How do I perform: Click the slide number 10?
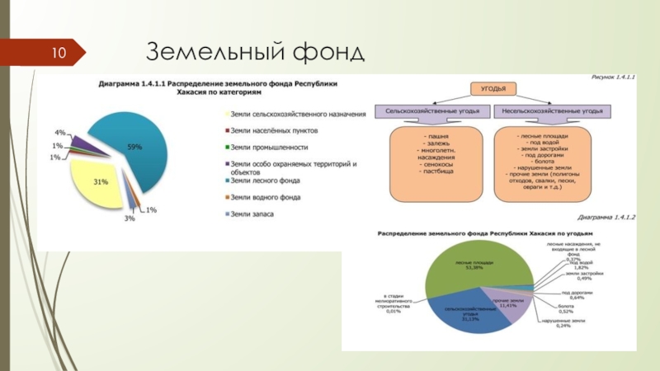pos(61,54)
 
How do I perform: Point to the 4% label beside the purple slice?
pos(60,133)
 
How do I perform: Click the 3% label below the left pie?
pos(130,218)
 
